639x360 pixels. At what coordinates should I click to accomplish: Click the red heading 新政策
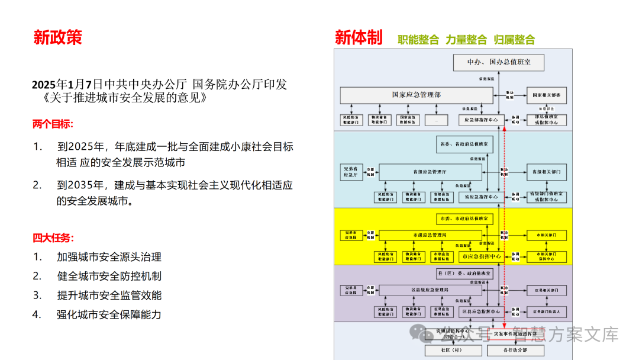click(x=57, y=37)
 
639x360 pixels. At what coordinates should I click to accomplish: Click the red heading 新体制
click(x=359, y=37)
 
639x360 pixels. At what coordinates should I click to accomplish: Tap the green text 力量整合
click(x=466, y=40)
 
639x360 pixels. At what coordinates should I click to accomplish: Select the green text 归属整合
click(x=514, y=40)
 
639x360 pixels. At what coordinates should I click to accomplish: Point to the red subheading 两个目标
click(x=53, y=124)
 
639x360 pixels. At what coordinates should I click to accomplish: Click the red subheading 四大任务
click(x=53, y=238)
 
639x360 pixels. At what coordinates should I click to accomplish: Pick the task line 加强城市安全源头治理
click(x=109, y=257)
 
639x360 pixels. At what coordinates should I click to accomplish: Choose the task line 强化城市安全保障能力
click(x=109, y=314)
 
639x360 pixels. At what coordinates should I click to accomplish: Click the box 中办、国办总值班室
click(x=498, y=62)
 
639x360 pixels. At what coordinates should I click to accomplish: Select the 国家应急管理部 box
click(x=416, y=95)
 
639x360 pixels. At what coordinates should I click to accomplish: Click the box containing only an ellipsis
click(x=435, y=120)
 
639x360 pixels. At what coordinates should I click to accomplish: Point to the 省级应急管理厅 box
click(x=430, y=172)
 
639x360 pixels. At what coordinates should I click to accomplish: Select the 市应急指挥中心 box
click(x=480, y=256)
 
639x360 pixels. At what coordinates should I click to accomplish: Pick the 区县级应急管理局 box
click(x=430, y=290)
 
